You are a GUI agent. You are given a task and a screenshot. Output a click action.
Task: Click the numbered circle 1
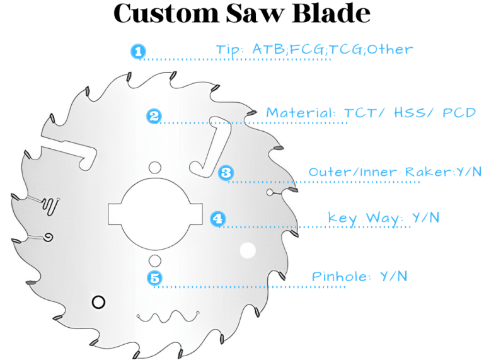click(138, 52)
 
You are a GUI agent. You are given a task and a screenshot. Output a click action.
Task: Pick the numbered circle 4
click(217, 219)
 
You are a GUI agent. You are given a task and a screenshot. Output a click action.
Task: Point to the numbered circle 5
click(154, 277)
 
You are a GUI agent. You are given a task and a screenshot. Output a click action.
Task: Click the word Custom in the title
click(164, 14)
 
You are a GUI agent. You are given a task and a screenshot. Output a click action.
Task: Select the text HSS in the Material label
click(410, 113)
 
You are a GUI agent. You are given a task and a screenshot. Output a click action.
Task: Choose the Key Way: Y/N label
click(383, 218)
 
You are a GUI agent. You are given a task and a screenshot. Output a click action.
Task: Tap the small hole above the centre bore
click(154, 167)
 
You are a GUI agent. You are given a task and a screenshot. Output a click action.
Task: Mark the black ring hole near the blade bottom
click(98, 302)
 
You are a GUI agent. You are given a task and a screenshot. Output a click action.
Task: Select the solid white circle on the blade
click(248, 251)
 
